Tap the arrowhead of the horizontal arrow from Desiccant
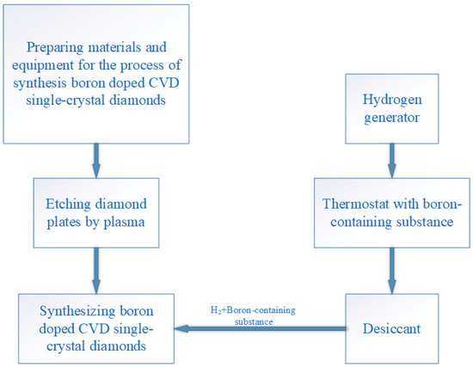182,327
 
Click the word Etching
71,204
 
